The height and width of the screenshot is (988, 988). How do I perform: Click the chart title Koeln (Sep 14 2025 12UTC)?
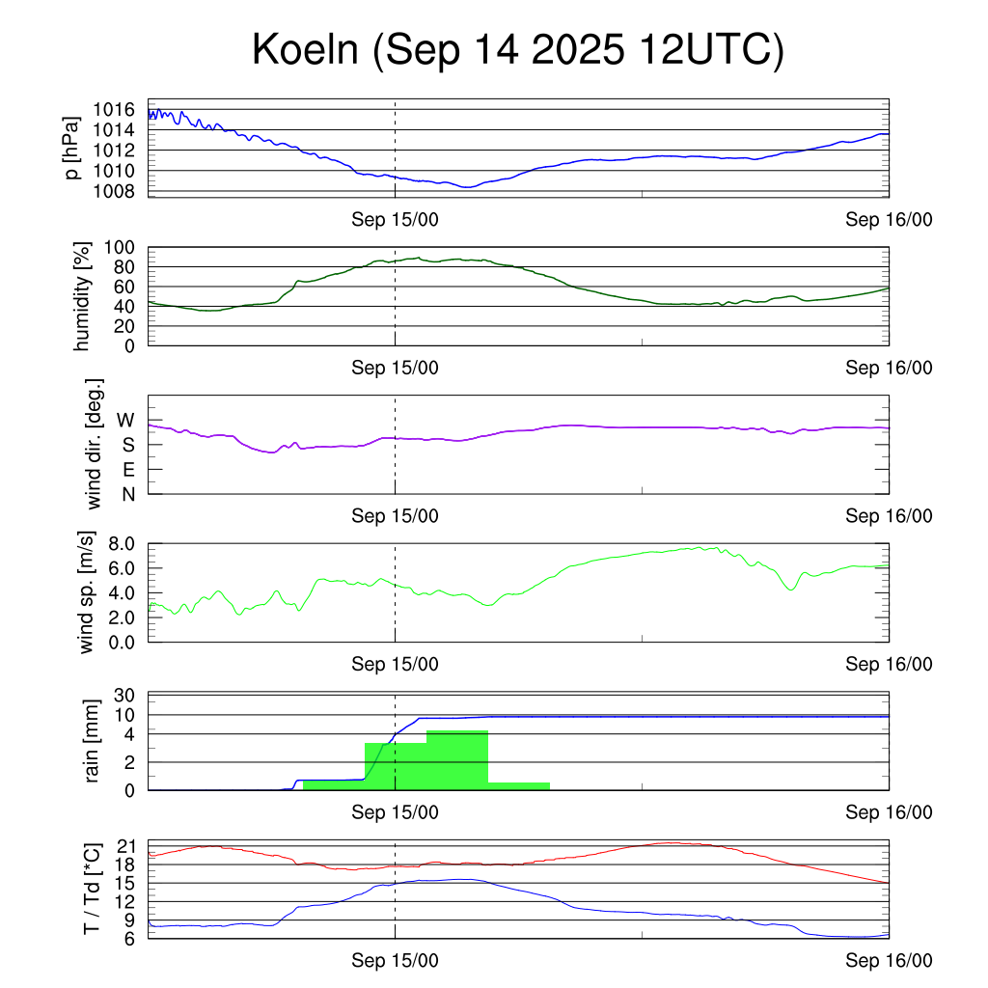518,50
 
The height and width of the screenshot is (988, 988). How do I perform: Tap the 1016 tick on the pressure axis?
121,110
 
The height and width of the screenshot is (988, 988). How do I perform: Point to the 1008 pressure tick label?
121,191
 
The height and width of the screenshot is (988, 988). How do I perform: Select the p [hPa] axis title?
71,150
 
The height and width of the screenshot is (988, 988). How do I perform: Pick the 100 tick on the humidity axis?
125,247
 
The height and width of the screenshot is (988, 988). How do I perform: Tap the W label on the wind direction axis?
125,420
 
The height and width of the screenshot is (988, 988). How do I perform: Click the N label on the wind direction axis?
127,495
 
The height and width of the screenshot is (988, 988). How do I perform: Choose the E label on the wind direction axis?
127,470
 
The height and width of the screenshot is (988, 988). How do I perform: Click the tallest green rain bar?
456,760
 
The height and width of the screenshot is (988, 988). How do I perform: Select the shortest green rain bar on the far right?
518,786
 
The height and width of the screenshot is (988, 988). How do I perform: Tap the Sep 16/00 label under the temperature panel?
889,960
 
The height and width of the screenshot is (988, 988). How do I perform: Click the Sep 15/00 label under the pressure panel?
395,220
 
